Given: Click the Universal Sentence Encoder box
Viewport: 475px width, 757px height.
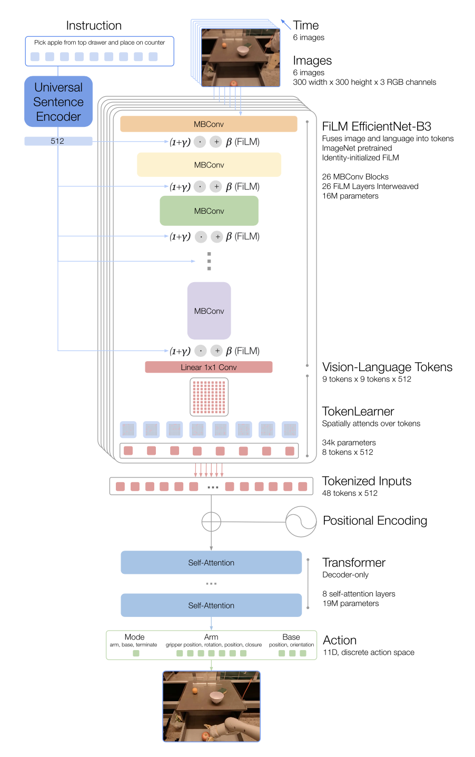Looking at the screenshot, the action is coord(58,102).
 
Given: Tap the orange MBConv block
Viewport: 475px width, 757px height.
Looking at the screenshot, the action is coord(209,124).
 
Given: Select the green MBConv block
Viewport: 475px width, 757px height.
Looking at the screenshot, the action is coord(209,211).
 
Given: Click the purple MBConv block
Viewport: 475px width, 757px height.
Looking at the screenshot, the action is coord(209,311).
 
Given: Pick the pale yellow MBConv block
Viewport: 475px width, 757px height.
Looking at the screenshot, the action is coord(209,165).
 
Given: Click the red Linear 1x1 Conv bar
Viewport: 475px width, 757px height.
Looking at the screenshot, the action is coord(209,367).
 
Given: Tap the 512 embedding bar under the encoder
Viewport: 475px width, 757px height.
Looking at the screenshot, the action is coord(58,141).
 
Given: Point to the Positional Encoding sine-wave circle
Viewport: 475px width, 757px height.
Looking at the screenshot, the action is coord(301,522).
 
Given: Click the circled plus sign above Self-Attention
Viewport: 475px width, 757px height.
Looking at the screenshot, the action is coord(211,522).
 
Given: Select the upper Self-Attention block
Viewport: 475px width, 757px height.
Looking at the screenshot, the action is coord(211,562).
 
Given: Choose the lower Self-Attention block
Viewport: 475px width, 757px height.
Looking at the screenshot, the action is coord(211,605).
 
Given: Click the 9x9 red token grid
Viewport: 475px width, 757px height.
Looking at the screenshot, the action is coord(209,397).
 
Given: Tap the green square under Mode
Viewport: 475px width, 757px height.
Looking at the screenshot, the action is coord(136,653).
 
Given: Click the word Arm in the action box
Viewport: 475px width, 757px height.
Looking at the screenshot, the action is coord(211,637).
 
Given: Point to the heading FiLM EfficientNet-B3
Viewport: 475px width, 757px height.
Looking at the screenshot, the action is coord(377,126).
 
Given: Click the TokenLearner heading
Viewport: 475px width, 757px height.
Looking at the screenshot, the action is coord(358,411).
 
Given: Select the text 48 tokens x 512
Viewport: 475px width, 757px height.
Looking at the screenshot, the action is coord(350,493).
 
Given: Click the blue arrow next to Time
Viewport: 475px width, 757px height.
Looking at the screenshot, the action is coord(285,24).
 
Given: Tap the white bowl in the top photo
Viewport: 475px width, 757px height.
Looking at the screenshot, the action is coord(243,51).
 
